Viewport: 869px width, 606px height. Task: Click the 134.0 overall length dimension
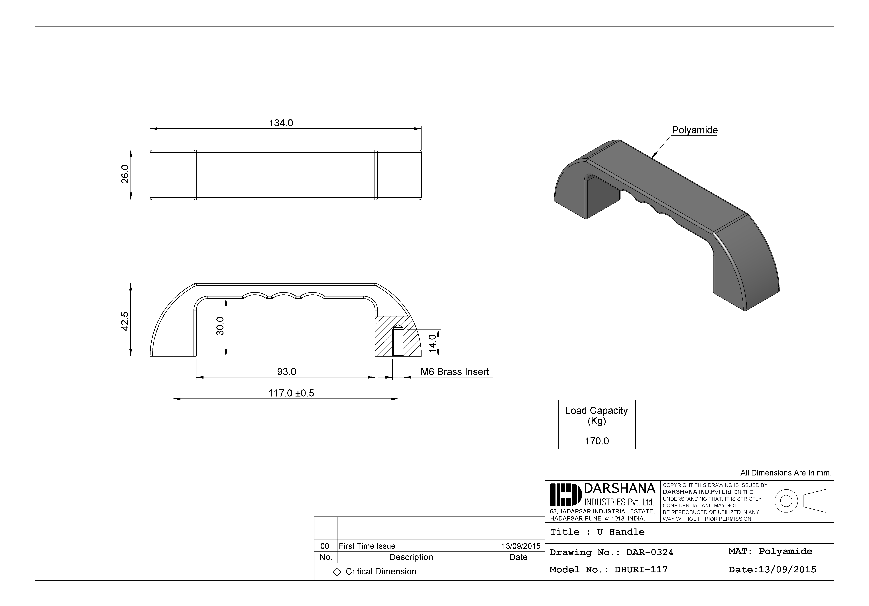281,123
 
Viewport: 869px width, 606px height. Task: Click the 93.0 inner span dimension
286,372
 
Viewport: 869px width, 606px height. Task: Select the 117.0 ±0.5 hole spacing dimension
291,393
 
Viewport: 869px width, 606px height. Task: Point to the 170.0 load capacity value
597,441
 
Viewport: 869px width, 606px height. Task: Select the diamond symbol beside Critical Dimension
337,572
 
